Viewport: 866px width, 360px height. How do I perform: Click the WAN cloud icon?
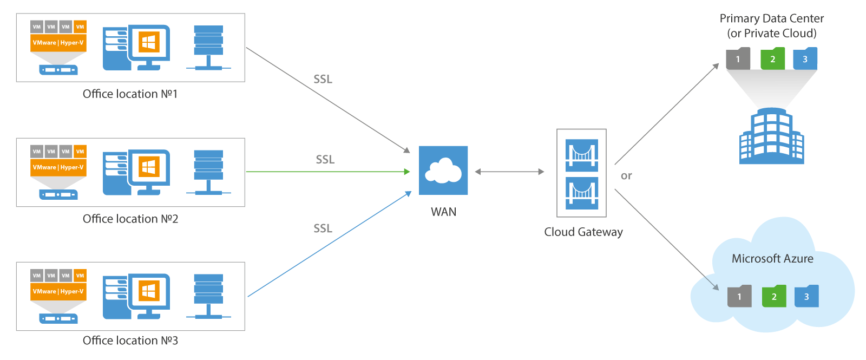click(x=443, y=171)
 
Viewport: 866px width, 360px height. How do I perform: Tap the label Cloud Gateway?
click(x=583, y=232)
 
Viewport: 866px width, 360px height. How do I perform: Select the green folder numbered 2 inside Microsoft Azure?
click(x=773, y=296)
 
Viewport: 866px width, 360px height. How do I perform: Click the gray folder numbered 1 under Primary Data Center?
click(x=738, y=59)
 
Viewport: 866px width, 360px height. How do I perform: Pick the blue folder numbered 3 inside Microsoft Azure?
click(x=806, y=296)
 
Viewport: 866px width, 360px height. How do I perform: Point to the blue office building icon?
click(x=771, y=136)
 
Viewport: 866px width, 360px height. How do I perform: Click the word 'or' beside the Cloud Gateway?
click(x=626, y=176)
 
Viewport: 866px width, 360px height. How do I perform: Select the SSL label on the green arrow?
click(x=325, y=160)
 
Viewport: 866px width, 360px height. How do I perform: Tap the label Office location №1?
click(x=130, y=94)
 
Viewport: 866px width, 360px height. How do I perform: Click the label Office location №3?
click(x=130, y=341)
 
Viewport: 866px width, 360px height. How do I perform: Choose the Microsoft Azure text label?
click(x=772, y=259)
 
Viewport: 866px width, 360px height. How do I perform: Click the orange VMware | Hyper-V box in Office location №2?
click(x=58, y=167)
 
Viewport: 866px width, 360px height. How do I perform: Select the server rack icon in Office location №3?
click(x=208, y=296)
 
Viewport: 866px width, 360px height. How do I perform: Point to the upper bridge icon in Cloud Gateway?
click(x=582, y=155)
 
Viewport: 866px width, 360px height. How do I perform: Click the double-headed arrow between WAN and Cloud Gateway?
click(x=509, y=172)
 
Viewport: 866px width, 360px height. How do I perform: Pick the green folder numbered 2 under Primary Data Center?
click(x=772, y=59)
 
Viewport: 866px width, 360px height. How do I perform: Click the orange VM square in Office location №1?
click(x=80, y=27)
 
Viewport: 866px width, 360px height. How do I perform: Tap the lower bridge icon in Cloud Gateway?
click(x=582, y=193)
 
